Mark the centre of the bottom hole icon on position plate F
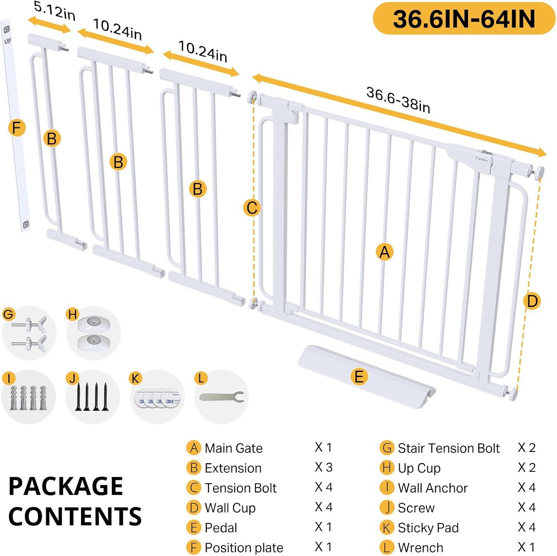[x=26, y=225]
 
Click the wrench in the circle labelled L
[x=221, y=396]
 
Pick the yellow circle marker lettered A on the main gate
[x=384, y=252]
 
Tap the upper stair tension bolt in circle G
[x=29, y=324]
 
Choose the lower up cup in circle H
[x=94, y=341]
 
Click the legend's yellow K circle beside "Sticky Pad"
[x=387, y=527]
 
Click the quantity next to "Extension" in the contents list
[x=323, y=467]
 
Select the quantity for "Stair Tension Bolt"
[x=527, y=448]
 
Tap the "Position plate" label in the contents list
[x=244, y=547]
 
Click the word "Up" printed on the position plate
[x=7, y=40]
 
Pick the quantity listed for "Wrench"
[x=526, y=547]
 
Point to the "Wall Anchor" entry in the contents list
[x=433, y=488]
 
